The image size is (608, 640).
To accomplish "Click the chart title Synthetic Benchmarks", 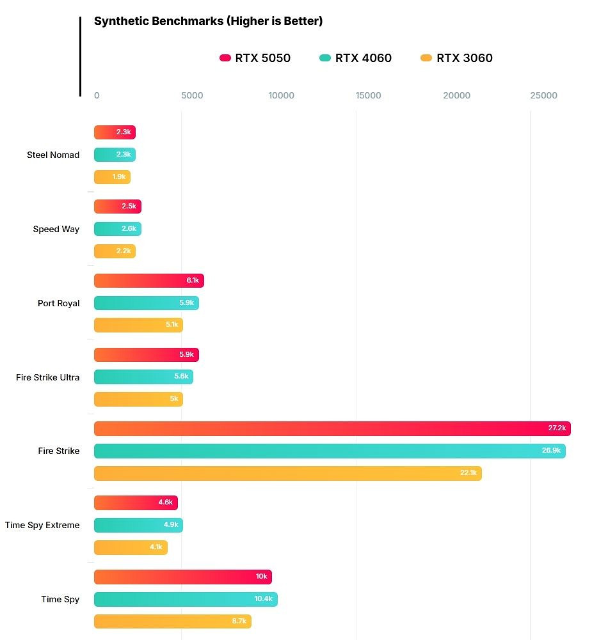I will [208, 21].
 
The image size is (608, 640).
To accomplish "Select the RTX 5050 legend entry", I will [255, 58].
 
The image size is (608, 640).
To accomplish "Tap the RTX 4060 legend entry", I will [355, 58].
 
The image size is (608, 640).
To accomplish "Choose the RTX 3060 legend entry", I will [456, 58].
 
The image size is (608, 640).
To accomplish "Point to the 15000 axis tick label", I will [368, 96].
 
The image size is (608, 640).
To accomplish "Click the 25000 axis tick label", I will [543, 96].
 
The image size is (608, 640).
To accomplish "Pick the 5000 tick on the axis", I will [192, 96].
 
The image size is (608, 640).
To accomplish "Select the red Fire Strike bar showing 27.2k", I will [332, 428].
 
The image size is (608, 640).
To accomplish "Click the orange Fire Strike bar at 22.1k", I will [287, 473].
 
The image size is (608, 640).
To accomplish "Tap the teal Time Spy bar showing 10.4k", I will [186, 599].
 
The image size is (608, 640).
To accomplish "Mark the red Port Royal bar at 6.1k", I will [148, 280].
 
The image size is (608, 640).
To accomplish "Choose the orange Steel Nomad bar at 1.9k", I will [112, 177].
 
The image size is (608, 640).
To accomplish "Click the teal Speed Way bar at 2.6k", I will [117, 229].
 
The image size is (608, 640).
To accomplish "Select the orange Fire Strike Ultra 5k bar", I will [138, 399].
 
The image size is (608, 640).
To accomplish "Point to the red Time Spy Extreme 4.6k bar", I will [136, 503].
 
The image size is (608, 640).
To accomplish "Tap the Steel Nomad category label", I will [53, 155].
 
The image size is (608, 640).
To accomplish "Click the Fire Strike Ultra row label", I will [48, 377].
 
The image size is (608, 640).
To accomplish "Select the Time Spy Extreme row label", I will [42, 525].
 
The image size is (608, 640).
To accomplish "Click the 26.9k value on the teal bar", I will [551, 451].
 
